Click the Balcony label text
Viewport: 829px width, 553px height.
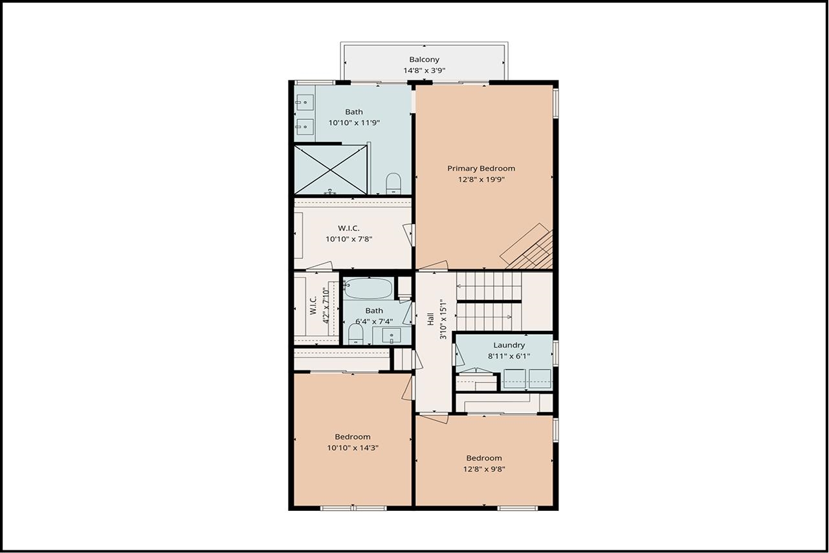point(424,60)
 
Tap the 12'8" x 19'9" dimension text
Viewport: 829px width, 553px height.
point(481,179)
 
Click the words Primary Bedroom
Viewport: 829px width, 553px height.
point(481,168)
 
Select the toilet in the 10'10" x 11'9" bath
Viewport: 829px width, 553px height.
point(393,183)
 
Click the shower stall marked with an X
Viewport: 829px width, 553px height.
point(331,170)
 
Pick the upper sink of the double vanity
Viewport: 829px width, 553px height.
point(304,102)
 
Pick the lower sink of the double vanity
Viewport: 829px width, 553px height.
point(304,126)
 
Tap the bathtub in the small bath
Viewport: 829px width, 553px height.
point(368,288)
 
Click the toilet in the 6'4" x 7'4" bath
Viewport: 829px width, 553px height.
point(355,335)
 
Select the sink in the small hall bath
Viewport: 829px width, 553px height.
point(391,336)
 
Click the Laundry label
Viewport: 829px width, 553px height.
point(509,345)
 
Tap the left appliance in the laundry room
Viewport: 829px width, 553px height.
point(515,378)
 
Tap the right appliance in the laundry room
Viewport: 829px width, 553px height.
point(539,378)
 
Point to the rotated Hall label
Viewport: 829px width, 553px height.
point(430,319)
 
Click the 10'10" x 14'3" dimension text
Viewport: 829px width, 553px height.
point(353,447)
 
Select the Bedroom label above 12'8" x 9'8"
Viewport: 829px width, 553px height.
point(484,458)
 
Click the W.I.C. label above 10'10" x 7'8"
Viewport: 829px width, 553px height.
point(349,228)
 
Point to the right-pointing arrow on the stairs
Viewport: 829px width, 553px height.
point(510,317)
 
